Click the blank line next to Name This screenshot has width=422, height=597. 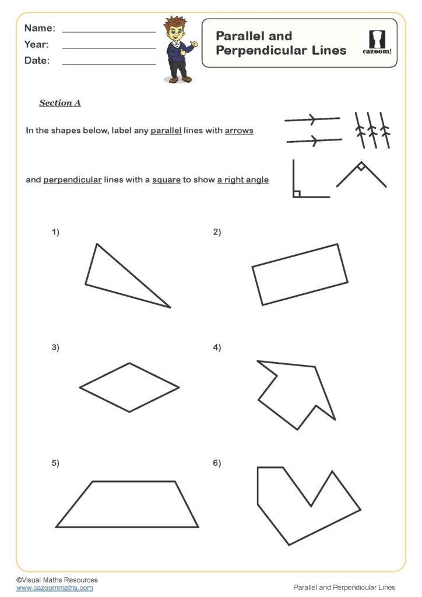click(108, 30)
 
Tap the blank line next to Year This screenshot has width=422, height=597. click(108, 47)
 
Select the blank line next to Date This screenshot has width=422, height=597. click(108, 63)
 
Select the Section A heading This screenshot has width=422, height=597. click(60, 103)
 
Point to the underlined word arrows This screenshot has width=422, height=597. click(239, 131)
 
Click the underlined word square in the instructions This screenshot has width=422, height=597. click(166, 180)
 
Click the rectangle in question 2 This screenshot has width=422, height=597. click(300, 275)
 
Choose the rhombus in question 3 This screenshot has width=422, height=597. click(129, 387)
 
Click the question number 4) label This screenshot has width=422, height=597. click(217, 347)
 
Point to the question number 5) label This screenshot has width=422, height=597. click(55, 463)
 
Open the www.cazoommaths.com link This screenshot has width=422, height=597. click(54, 588)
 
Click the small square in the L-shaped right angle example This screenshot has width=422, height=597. click(296, 194)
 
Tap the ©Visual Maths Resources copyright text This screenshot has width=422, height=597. click(57, 580)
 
